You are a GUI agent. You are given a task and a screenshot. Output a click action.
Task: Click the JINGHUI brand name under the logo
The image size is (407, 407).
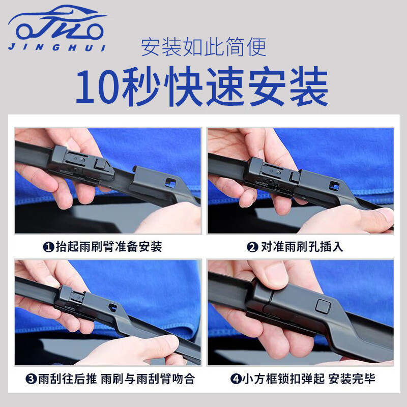click(x=57, y=47)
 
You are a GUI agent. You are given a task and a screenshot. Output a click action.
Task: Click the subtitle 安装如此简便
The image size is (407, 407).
click(x=204, y=47)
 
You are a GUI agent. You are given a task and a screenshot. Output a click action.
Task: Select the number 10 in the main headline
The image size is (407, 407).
click(x=98, y=87)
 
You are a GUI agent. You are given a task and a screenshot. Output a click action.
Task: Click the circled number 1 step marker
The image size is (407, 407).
click(x=48, y=247)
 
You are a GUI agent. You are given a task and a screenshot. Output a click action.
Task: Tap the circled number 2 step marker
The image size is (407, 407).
click(x=252, y=247)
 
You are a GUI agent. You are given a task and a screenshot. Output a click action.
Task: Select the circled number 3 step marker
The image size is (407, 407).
click(x=31, y=379)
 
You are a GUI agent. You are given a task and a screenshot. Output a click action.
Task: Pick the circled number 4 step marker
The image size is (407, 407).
click(x=236, y=379)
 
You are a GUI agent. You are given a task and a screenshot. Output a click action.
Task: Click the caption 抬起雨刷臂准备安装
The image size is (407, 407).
click(x=109, y=247)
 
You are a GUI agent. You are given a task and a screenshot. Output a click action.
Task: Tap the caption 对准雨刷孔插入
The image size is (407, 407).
click(x=302, y=247)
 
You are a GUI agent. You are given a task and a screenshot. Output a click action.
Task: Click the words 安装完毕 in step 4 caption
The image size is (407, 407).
click(x=352, y=379)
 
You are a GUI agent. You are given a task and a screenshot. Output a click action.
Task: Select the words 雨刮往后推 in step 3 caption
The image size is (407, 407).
click(x=68, y=379)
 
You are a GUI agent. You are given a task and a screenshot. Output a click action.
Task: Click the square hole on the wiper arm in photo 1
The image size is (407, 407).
click(x=171, y=183)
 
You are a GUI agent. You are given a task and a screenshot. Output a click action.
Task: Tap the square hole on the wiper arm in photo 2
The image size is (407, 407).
click(x=334, y=186)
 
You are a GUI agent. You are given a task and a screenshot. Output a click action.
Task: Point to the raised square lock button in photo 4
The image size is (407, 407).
click(x=324, y=306)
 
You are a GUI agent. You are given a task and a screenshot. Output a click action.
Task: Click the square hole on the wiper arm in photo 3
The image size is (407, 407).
click(x=112, y=308)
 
